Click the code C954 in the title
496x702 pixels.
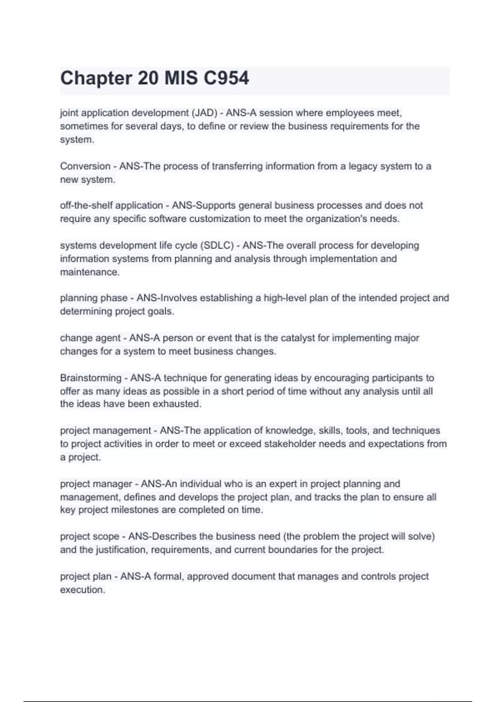click(226, 78)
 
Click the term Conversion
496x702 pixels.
click(85, 166)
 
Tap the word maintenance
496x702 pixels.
click(90, 272)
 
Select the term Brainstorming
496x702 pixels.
click(91, 378)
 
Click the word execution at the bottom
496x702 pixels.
click(83, 590)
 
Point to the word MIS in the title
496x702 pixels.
click(181, 78)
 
